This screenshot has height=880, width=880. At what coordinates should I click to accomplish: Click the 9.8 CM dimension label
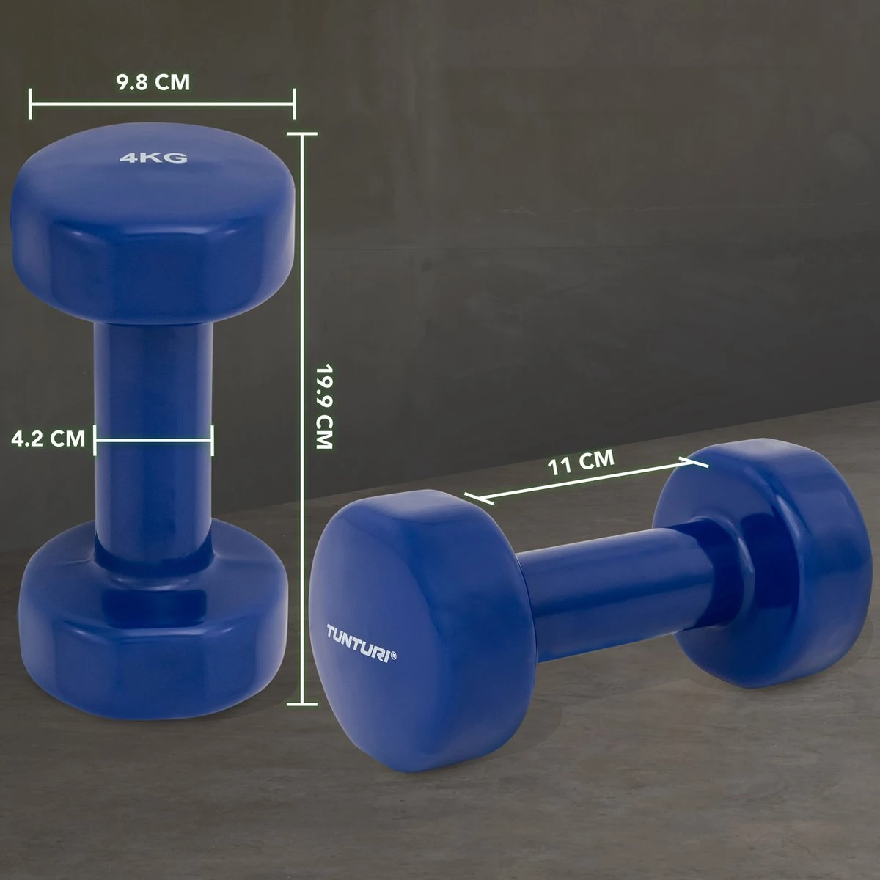pyautogui.click(x=153, y=82)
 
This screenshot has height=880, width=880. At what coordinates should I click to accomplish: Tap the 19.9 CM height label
pyautogui.click(x=325, y=406)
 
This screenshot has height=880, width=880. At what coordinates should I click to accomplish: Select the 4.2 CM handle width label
pyautogui.click(x=48, y=439)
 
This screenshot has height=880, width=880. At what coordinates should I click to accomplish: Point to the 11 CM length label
pyautogui.click(x=580, y=462)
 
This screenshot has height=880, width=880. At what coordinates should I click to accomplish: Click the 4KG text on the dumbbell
pyautogui.click(x=153, y=158)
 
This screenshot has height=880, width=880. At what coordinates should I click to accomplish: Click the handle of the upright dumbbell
pyautogui.click(x=153, y=439)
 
